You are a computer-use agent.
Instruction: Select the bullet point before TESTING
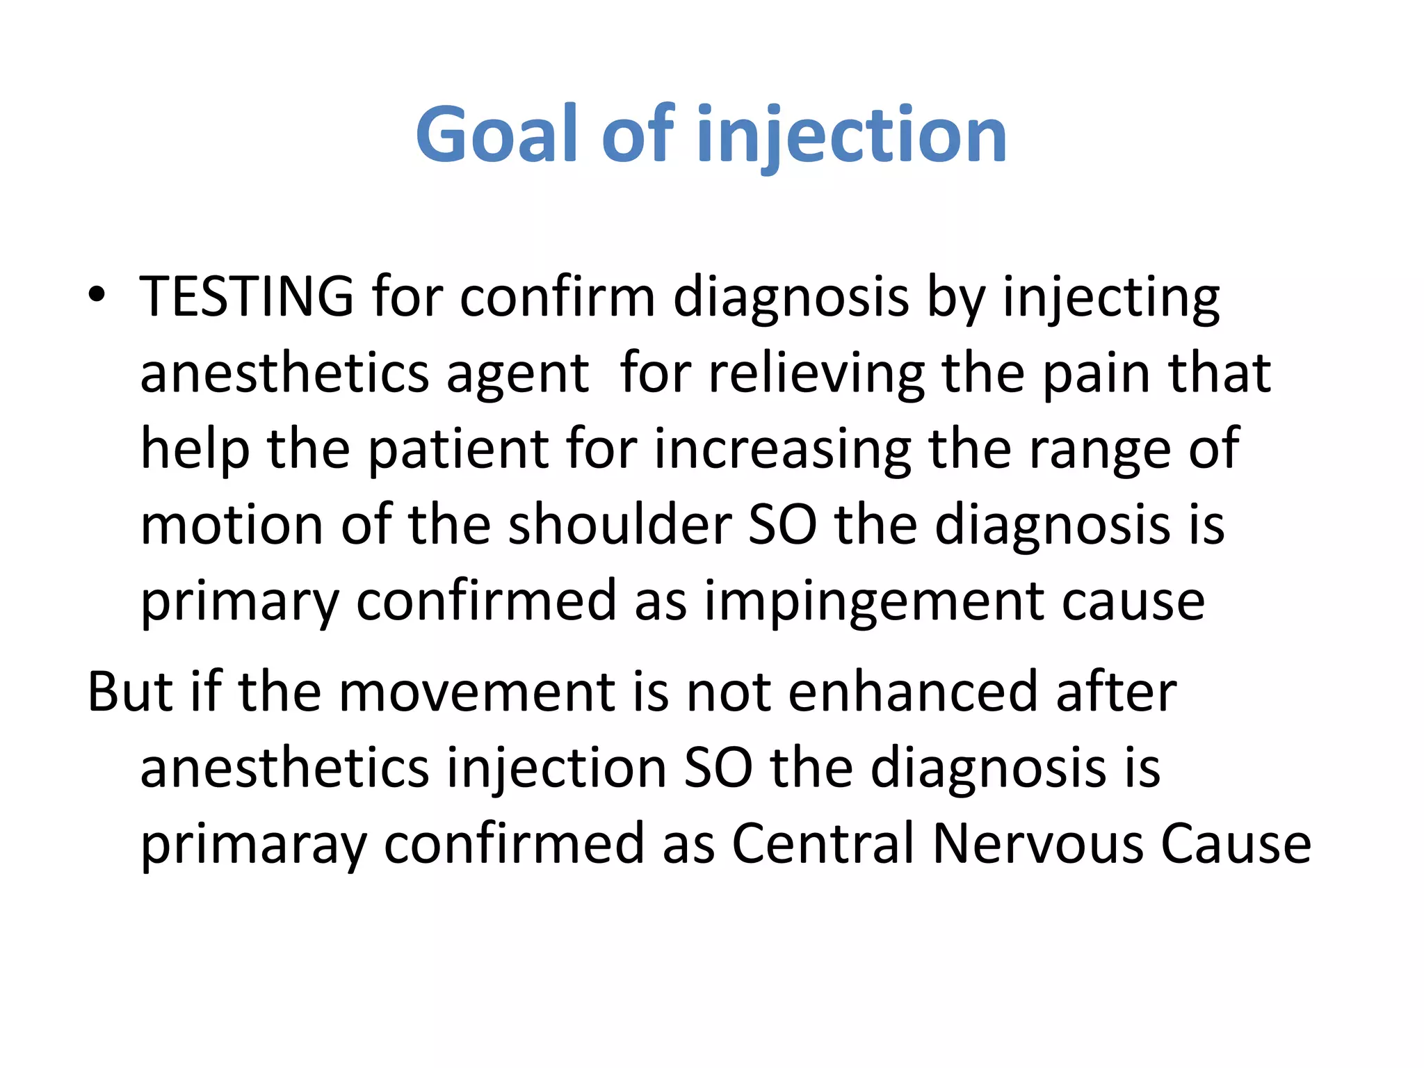(97, 295)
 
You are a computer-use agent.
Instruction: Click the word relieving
(816, 373)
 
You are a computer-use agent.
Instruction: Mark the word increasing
(782, 450)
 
